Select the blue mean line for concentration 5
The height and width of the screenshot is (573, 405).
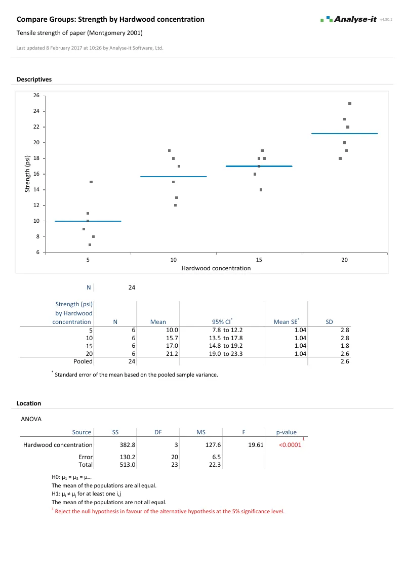[88, 221]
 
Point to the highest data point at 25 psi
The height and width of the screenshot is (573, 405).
[350, 103]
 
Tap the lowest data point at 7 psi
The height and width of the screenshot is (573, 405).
[90, 244]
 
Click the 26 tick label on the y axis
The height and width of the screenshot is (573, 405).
[36, 96]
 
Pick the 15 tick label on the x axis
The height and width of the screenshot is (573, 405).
[259, 260]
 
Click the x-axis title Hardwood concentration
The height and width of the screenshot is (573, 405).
[216, 268]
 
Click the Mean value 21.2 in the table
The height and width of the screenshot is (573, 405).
[172, 354]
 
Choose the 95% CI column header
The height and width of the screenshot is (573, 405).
[221, 321]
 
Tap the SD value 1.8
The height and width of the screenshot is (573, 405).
[344, 346]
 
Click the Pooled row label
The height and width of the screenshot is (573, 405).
[83, 362]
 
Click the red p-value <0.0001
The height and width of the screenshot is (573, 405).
[290, 445]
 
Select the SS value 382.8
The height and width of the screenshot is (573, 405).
[128, 445]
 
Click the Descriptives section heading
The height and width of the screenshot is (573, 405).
[34, 79]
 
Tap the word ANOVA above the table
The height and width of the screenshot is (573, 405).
[31, 420]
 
